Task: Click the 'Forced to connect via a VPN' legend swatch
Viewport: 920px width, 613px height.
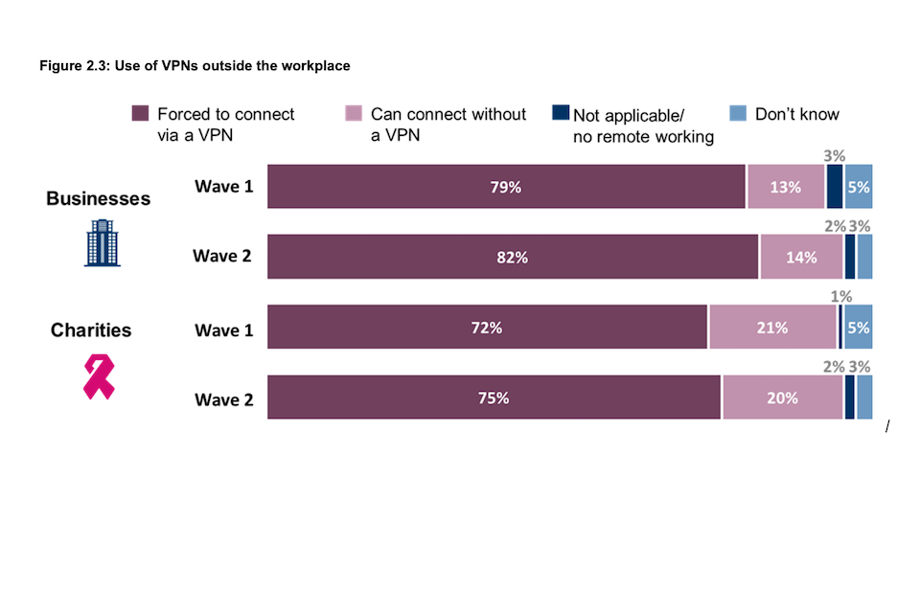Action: [140, 114]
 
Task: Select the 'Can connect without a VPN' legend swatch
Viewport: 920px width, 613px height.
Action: [353, 114]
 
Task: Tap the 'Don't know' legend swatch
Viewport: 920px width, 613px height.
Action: [737, 113]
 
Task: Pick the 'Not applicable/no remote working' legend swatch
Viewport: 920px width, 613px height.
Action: [561, 113]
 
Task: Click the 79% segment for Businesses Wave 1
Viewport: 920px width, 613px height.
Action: [506, 187]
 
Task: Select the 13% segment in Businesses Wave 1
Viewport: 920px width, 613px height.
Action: [785, 187]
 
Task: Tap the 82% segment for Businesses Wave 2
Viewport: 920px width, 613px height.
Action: [513, 257]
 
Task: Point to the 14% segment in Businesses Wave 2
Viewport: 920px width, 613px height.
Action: [801, 257]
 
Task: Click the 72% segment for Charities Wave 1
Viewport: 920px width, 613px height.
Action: [487, 328]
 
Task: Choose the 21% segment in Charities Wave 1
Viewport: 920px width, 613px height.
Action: [772, 328]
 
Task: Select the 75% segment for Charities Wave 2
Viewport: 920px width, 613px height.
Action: [494, 397]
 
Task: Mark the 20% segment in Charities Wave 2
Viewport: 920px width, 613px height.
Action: [782, 397]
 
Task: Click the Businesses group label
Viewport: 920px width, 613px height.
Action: [99, 198]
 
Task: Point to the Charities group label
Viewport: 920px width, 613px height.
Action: [91, 330]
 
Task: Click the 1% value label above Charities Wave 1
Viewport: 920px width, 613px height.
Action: [841, 297]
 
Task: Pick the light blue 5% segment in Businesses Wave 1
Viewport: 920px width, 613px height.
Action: [859, 187]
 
